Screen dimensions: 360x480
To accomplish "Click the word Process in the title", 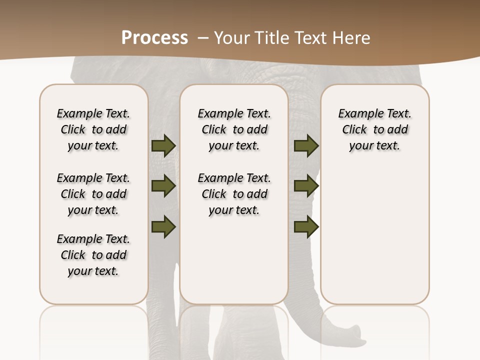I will (x=154, y=38).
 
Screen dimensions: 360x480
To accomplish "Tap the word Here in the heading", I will (x=352, y=38).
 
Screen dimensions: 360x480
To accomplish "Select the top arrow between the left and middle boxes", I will (x=163, y=145).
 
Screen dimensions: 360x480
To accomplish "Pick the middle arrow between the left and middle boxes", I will (x=163, y=186).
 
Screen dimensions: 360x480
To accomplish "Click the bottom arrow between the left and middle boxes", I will (x=163, y=226).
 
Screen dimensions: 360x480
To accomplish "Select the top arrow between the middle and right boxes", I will (x=306, y=145).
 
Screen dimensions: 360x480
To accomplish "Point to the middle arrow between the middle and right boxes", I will (x=306, y=186).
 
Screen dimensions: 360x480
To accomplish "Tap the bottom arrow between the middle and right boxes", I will (x=306, y=226).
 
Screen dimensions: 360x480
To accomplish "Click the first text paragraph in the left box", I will (x=93, y=129).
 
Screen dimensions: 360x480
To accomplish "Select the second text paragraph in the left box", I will (x=93, y=194).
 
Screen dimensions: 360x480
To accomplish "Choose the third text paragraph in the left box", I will (x=93, y=255).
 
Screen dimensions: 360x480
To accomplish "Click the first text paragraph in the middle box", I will (x=234, y=129).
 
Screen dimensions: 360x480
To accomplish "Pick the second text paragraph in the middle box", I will (x=234, y=194).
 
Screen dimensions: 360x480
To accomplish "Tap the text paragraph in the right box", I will (x=374, y=129).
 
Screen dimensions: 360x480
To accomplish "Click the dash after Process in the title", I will (x=202, y=38).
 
